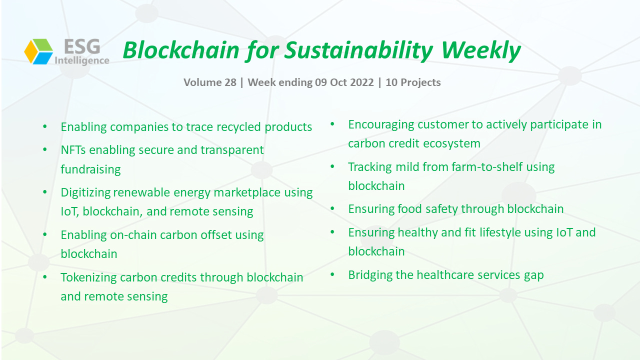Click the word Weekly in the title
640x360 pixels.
tap(481, 50)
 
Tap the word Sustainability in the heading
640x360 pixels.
tap(358, 50)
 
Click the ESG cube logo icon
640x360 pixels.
tap(38, 51)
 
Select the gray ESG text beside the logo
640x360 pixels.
tap(82, 46)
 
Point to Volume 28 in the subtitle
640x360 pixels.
tap(210, 82)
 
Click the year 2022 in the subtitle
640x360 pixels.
tap(361, 82)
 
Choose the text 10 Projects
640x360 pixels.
tap(413, 82)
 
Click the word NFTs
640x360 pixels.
tap(73, 150)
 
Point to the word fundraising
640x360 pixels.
tap(90, 169)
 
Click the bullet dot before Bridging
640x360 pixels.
tap(332, 274)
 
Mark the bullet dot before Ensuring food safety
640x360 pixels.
tap(332, 208)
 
